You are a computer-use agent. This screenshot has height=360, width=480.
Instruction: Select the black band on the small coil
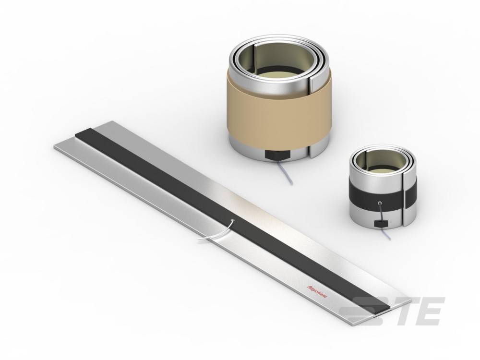pyautogui.click(x=383, y=196)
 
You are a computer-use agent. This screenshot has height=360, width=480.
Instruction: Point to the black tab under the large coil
pyautogui.click(x=277, y=156)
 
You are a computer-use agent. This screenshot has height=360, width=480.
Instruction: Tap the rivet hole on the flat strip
pyautogui.click(x=233, y=220)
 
